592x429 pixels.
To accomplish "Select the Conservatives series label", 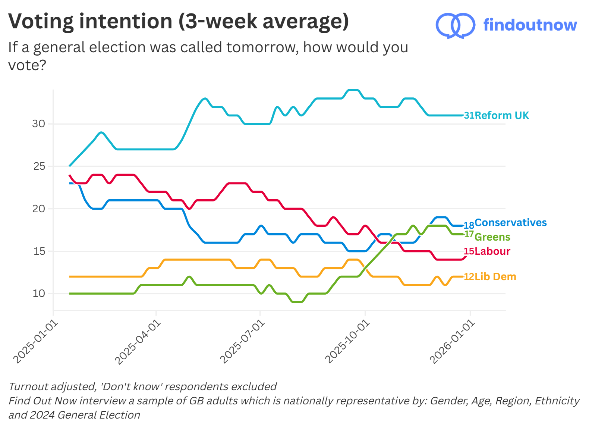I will [510, 222].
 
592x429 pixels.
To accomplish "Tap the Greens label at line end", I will [492, 237].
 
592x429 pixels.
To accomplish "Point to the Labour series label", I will [492, 251].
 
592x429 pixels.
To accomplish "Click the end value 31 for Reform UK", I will [469, 115].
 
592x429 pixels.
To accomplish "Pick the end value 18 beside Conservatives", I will [469, 225].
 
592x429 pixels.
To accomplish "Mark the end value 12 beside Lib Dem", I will [469, 277].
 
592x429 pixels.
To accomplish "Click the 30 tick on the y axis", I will [38, 124].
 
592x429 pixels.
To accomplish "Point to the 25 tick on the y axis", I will [39, 166].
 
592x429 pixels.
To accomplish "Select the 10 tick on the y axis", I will [38, 294].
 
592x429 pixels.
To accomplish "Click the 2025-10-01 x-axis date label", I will [347, 342].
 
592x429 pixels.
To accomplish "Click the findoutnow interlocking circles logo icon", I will [455, 25].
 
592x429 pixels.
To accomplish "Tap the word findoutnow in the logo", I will [530, 25].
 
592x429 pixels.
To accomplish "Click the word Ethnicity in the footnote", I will [557, 401].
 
